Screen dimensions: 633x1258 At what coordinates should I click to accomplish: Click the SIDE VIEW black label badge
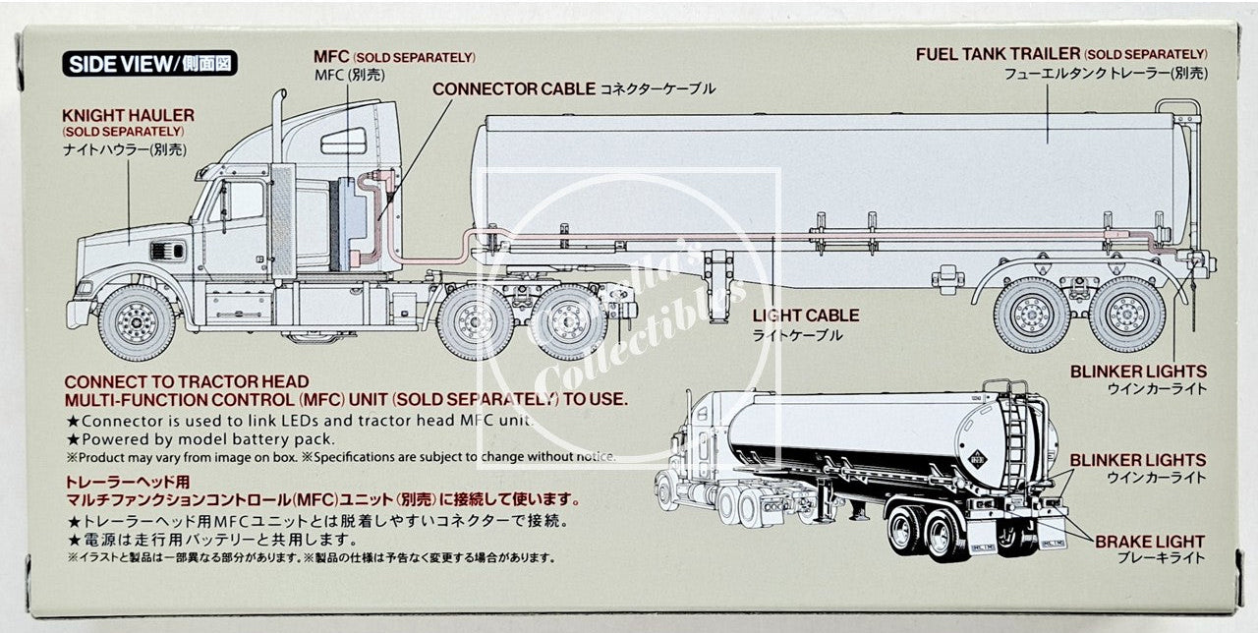point(150,65)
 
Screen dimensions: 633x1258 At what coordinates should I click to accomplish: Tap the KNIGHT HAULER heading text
point(128,115)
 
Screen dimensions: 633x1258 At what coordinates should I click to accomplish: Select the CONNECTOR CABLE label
point(513,88)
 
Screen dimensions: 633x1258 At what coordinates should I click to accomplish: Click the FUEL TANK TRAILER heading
point(998,54)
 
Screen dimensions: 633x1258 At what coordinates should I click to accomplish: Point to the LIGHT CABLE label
point(805,316)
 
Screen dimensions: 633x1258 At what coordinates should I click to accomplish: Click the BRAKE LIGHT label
point(1149,541)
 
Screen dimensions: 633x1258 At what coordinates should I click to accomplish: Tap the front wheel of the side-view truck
point(137,322)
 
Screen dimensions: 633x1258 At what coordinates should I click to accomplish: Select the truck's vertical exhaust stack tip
point(278,98)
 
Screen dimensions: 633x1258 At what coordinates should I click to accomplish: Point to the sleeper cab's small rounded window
point(344,143)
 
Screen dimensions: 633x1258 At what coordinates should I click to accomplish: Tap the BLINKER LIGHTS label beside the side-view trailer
point(1138,372)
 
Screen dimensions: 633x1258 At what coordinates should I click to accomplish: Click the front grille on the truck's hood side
point(167,251)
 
